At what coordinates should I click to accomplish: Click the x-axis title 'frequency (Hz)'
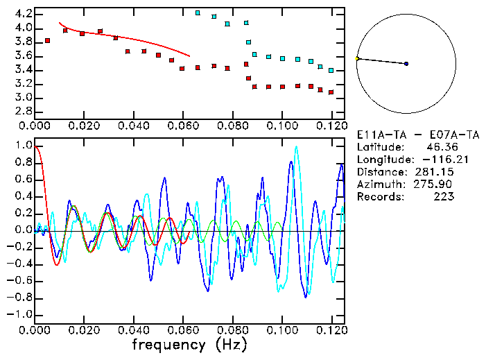(x=189, y=345)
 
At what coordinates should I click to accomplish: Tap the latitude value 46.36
(x=437, y=147)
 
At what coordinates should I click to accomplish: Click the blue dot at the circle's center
(x=406, y=64)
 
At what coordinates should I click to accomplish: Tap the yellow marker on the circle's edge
(x=357, y=58)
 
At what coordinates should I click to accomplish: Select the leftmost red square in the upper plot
(x=47, y=41)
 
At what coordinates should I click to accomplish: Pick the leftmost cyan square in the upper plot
(x=198, y=12)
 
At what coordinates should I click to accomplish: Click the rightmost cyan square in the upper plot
(x=331, y=70)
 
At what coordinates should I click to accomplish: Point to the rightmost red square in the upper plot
(x=331, y=92)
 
